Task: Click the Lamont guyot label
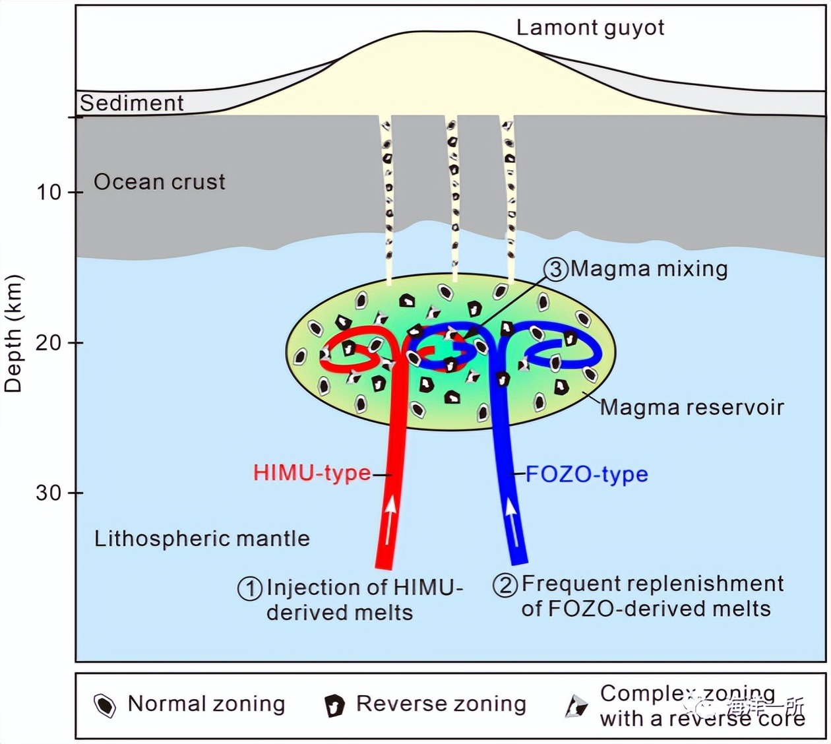(590, 28)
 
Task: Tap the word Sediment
(132, 103)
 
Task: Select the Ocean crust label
(160, 181)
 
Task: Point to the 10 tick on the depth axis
(49, 193)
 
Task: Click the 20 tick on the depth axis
(49, 342)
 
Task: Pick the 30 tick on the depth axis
(49, 493)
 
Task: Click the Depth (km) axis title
(13, 333)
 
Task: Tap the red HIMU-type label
(312, 473)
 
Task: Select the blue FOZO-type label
(587, 474)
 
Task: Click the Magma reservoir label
(692, 407)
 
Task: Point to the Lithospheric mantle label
(202, 538)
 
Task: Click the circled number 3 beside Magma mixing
(556, 269)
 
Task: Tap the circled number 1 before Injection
(250, 588)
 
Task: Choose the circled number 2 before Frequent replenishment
(505, 585)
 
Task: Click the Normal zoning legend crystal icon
(105, 705)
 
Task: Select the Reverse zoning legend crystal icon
(335, 706)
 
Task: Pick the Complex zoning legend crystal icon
(576, 706)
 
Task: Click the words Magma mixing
(649, 268)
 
